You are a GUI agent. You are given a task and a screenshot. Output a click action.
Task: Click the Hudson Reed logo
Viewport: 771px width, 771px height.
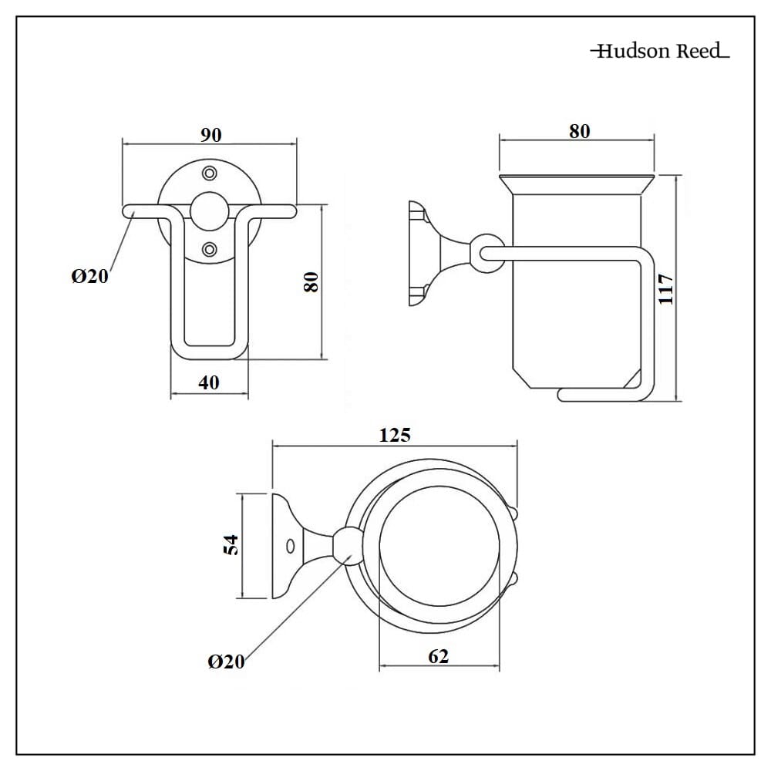[x=660, y=51]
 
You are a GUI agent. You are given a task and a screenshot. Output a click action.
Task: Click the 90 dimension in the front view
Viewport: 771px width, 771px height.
[x=211, y=135]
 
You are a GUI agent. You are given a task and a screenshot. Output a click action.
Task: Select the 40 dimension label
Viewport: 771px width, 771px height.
[x=208, y=382]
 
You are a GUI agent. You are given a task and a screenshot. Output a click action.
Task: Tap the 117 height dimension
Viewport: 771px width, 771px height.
[x=665, y=289]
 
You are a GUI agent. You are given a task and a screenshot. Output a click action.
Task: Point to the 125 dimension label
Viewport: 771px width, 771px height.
[x=395, y=435]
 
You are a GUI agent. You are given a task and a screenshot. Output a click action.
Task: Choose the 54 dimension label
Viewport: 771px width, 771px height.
[x=231, y=545]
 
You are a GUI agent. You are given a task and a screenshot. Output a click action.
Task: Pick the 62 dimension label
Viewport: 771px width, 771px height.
[x=438, y=656]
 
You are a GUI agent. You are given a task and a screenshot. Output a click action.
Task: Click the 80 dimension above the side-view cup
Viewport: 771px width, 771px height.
[x=579, y=131]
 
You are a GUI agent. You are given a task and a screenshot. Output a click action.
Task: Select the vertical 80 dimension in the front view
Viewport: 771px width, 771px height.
[x=311, y=282]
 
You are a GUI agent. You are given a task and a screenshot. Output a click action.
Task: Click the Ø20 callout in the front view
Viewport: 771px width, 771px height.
[x=89, y=276]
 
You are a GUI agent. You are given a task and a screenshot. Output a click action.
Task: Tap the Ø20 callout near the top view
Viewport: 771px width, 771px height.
[x=226, y=662]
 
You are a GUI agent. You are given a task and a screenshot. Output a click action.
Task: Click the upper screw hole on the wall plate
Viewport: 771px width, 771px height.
[x=210, y=173]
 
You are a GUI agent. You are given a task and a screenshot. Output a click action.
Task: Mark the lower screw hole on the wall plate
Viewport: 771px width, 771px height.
[x=210, y=249]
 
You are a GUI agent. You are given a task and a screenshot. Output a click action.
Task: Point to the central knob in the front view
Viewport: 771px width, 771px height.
[x=210, y=211]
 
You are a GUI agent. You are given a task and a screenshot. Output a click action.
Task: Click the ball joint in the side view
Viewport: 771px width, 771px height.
[x=488, y=254]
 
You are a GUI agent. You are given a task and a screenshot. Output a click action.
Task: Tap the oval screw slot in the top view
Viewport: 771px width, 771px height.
[x=290, y=546]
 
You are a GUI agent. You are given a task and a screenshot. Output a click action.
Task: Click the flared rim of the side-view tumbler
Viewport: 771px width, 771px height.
[x=577, y=184]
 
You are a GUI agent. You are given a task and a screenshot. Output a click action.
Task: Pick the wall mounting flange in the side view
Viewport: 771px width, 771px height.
[x=417, y=253]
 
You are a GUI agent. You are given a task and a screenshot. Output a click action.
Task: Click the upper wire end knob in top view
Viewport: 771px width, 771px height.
[x=513, y=513]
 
